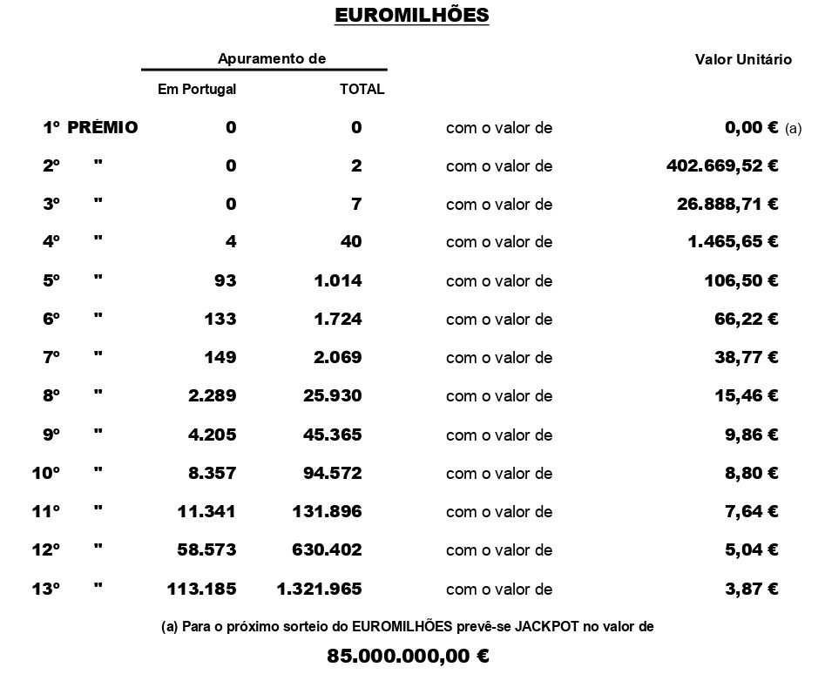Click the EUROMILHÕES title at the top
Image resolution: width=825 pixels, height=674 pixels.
click(x=412, y=16)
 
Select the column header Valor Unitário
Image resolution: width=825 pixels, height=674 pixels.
click(x=743, y=60)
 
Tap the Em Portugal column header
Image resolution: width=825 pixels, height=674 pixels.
click(x=197, y=89)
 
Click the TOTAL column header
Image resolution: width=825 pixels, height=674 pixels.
click(x=362, y=89)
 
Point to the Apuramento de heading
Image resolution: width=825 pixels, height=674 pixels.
click(x=272, y=59)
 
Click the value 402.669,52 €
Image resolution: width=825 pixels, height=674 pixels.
click(x=722, y=165)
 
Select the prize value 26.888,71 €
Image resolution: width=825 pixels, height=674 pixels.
click(x=727, y=205)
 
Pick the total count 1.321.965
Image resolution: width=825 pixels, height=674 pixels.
click(x=319, y=589)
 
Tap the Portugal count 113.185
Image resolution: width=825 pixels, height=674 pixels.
click(x=201, y=589)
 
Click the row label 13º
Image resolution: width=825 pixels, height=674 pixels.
click(x=46, y=589)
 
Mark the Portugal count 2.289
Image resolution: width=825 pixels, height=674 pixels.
click(x=212, y=395)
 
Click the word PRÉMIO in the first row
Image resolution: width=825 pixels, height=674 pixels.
click(x=103, y=127)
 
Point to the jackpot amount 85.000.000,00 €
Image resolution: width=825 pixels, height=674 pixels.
click(x=408, y=656)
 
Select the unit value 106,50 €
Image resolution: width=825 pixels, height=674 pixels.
click(x=740, y=280)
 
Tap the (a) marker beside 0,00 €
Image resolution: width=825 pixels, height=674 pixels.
click(x=793, y=128)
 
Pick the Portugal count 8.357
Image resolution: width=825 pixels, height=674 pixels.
click(x=212, y=473)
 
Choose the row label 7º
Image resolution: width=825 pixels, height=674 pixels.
click(x=51, y=357)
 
